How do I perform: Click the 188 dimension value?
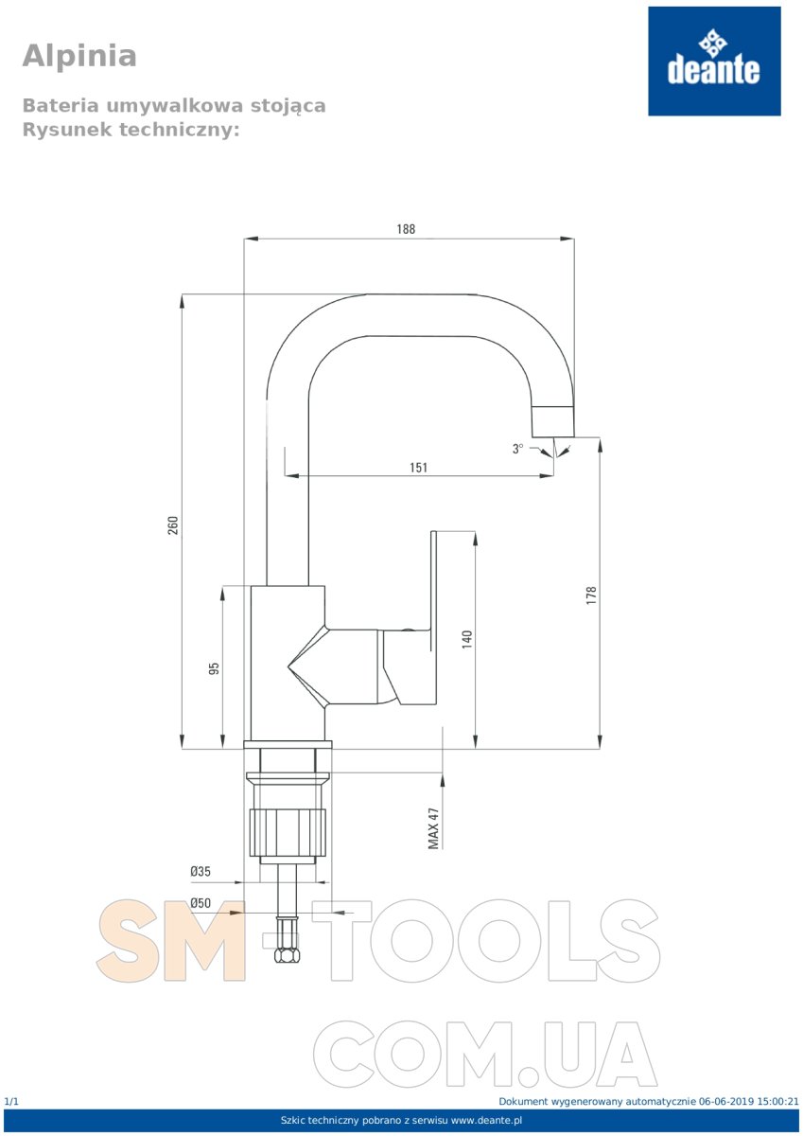pyautogui.click(x=406, y=229)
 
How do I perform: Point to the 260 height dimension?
pyautogui.click(x=173, y=524)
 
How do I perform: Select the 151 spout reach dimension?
pyautogui.click(x=418, y=467)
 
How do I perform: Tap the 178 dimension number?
pyautogui.click(x=591, y=595)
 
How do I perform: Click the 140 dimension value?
pyautogui.click(x=467, y=640)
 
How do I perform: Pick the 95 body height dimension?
pyautogui.click(x=215, y=668)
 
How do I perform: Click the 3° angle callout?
pyautogui.click(x=517, y=449)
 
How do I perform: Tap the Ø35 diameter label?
pyautogui.click(x=201, y=871)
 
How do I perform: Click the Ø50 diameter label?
pyautogui.click(x=201, y=903)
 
